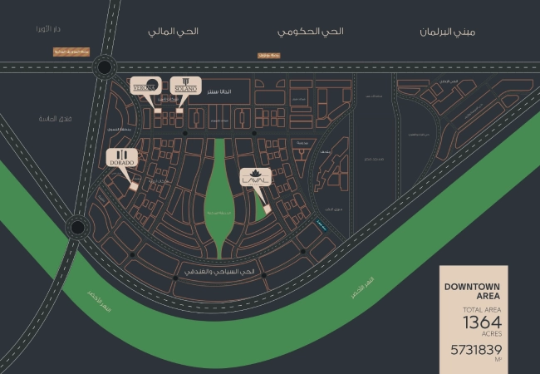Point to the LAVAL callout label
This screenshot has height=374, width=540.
(254, 178)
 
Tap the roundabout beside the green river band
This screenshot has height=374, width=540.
(77, 225)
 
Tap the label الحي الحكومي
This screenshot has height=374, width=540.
(310, 32)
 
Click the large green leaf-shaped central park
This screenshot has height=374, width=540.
(219, 195)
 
